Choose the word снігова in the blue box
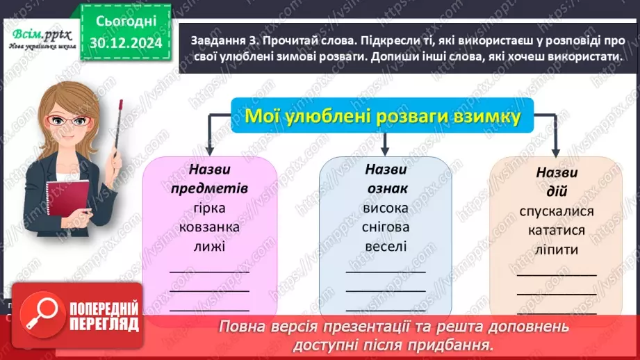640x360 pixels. coord(386,227)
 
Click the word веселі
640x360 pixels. coord(386,246)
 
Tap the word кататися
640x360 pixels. coord(556,230)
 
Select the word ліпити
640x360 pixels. coord(556,249)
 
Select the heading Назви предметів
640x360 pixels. coord(208,179)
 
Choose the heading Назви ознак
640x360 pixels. coord(386,179)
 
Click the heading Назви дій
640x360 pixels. coord(557,181)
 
